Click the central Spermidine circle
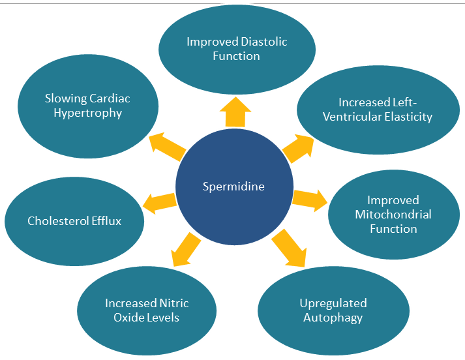[x=233, y=187]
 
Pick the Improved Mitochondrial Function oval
[x=393, y=214]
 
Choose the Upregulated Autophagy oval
[x=333, y=310]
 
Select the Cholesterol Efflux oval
[x=74, y=220]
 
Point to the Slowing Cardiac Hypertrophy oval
[x=87, y=106]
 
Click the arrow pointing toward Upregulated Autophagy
[x=288, y=248]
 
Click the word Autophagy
[x=333, y=318]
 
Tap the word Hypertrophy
[x=87, y=113]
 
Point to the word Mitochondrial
[x=393, y=214]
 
